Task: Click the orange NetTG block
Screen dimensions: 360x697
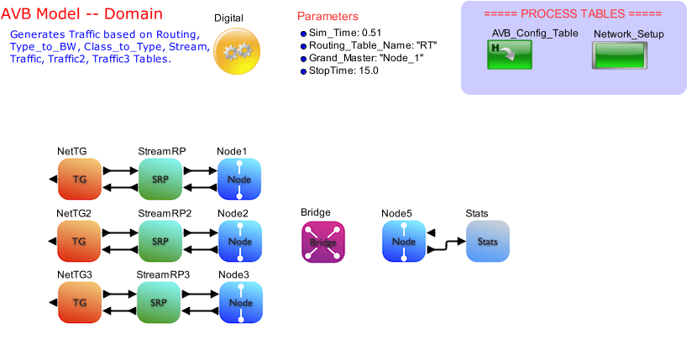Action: coord(79,180)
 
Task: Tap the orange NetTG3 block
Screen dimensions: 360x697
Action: coord(79,303)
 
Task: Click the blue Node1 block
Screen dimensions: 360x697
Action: coord(240,180)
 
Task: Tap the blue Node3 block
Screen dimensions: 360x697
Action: coord(241,303)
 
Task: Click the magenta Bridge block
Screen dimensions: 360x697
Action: coord(323,242)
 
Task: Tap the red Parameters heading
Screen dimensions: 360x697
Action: coord(328,17)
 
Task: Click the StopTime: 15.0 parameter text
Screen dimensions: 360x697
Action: coord(343,71)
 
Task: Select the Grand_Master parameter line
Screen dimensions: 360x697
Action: coord(362,58)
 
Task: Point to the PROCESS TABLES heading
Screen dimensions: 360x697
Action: coord(574,14)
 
